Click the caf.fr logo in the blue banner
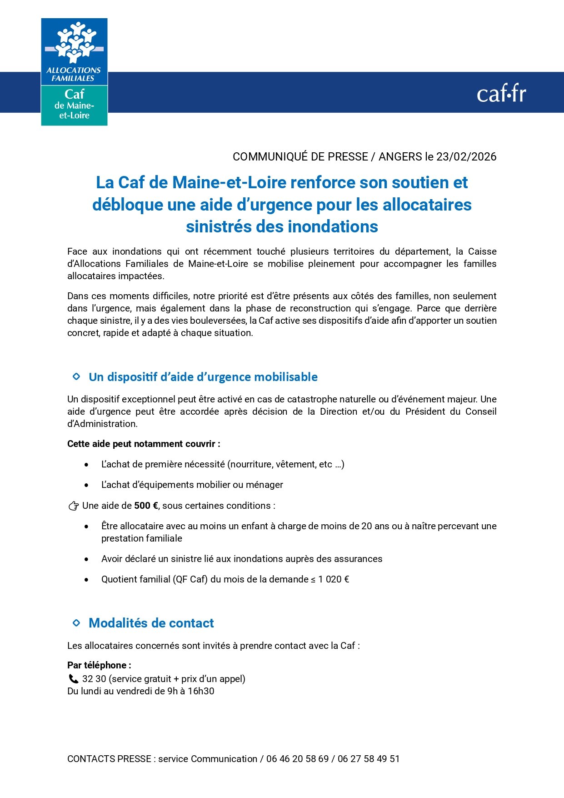point(501,94)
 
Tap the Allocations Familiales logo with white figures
point(74,51)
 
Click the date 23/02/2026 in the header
point(466,157)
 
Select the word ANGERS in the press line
point(400,157)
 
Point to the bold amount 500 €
point(146,506)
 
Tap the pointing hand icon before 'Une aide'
point(73,506)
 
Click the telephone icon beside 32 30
point(73,679)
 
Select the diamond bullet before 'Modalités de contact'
point(76,623)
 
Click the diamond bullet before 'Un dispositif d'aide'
point(76,376)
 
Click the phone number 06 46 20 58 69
point(297,759)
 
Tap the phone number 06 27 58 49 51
point(369,759)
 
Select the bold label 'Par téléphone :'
point(99,665)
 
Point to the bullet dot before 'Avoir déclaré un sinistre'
point(86,559)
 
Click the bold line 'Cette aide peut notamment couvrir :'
point(144,444)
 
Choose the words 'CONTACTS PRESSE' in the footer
point(109,759)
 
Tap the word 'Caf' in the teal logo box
point(74,94)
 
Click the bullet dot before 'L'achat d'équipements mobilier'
point(86,485)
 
